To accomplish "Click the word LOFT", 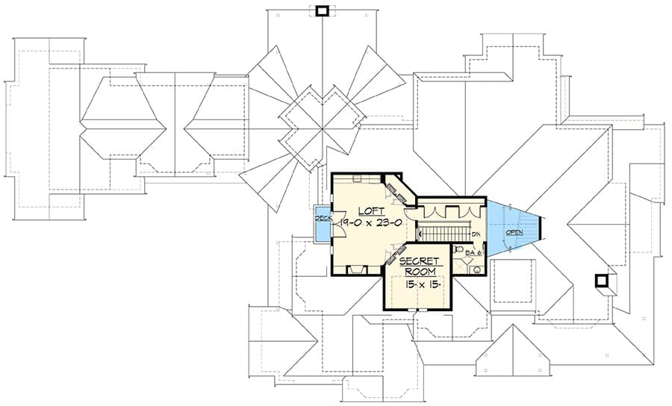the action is point(372,210).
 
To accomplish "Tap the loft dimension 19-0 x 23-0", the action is point(371,222).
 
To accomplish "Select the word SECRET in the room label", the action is point(419,261).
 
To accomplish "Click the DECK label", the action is point(323,219).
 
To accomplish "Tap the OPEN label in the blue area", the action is point(514,233).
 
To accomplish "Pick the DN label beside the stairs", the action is point(476,234).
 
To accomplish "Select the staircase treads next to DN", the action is point(443,234).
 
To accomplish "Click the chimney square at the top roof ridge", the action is point(321,11).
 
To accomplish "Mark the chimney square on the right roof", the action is point(601,281).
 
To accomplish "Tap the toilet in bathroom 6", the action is point(457,249).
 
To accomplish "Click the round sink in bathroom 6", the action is point(477,270).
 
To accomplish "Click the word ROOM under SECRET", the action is point(420,272).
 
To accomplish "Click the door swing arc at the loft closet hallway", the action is point(410,210).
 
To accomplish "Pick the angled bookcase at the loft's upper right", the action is point(396,190).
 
